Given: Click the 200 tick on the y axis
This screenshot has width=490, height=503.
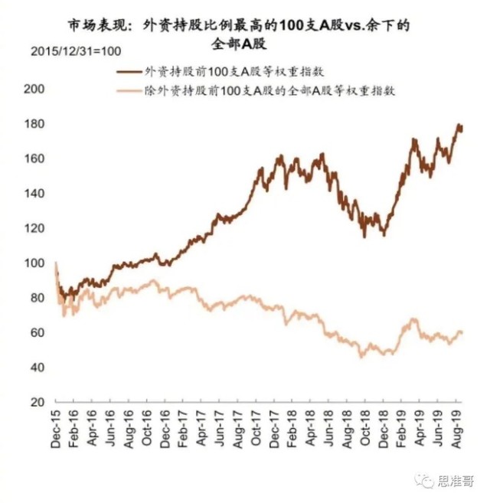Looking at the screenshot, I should (x=34, y=89).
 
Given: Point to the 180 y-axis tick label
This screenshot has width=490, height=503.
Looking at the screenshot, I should (x=34, y=124).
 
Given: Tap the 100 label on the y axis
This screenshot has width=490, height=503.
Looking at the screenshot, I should (x=34, y=263).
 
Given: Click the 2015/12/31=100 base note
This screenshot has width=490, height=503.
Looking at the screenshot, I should (x=70, y=52).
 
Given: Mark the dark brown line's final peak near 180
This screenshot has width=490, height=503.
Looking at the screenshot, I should (x=459, y=126).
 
